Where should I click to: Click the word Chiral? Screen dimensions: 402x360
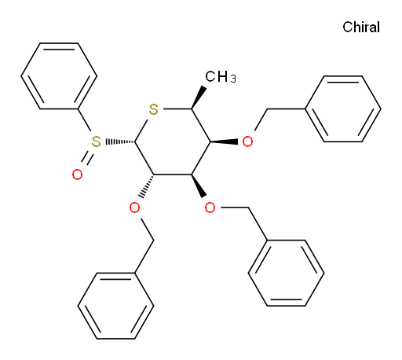[361, 27]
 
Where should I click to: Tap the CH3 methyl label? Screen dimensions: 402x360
[221, 77]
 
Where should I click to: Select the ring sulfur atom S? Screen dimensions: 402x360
[154, 109]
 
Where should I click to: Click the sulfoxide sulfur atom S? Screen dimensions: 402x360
[96, 141]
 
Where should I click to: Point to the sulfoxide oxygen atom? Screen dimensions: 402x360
[77, 174]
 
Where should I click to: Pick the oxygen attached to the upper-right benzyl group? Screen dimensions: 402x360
[247, 141]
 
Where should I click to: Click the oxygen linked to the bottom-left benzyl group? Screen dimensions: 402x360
[134, 208]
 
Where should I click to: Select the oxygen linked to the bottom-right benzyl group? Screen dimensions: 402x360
[210, 208]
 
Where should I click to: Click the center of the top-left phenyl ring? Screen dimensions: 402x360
[59, 76]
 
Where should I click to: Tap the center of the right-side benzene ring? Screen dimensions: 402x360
[343, 109]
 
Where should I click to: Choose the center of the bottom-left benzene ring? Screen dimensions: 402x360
[115, 306]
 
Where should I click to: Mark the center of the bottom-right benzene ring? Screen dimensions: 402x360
[287, 273]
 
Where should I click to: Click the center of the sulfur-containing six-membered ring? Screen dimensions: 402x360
[173, 141]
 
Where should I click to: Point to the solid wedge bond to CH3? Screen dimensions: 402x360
[199, 97]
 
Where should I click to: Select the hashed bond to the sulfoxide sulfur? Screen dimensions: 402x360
[120, 141]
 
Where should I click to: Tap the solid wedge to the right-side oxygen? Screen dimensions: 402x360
[224, 141]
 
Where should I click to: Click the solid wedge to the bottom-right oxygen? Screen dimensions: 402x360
[199, 186]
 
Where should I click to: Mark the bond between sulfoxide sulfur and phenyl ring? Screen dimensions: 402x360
[84, 120]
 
